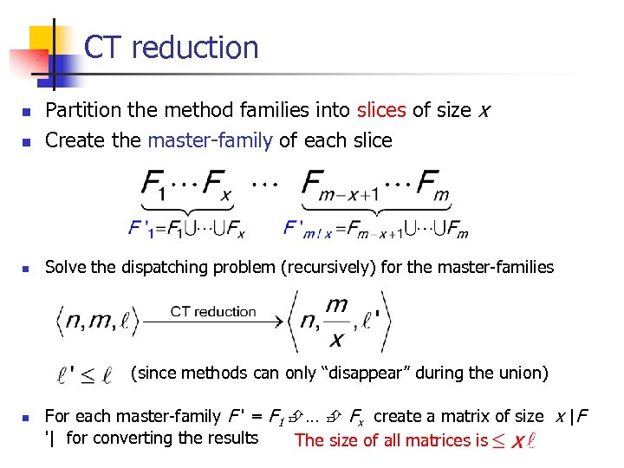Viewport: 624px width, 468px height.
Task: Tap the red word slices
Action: click(x=380, y=111)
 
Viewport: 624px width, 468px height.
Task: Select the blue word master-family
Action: click(x=210, y=140)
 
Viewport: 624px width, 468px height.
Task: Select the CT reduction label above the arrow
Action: click(x=213, y=312)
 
